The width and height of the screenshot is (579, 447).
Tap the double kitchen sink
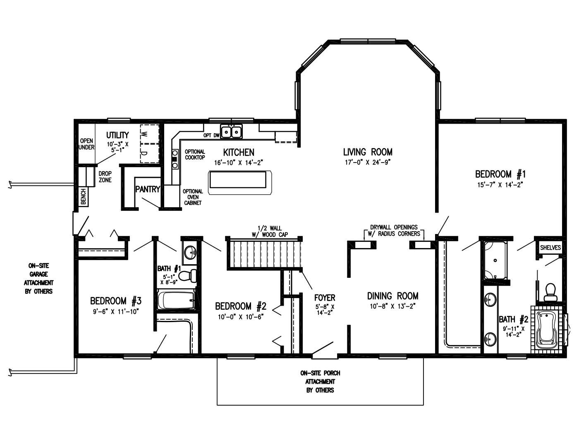(232, 132)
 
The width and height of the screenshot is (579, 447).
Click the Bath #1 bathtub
(176, 300)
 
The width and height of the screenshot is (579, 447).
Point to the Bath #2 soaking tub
(547, 330)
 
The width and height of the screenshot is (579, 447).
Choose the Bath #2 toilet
(550, 292)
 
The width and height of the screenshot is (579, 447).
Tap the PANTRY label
(147, 189)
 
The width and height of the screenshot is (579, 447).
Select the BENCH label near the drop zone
(83, 196)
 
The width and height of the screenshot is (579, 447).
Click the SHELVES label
(550, 248)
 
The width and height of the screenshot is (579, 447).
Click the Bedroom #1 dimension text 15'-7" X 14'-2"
(500, 185)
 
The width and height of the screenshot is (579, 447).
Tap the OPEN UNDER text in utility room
(86, 144)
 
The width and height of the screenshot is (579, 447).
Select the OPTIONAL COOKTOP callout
(195, 155)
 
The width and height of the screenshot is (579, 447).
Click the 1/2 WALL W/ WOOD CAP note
(270, 231)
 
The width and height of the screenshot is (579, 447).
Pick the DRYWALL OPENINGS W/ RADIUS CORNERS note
(394, 230)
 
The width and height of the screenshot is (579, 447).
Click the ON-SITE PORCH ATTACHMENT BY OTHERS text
(320, 381)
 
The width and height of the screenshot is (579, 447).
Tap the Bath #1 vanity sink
(191, 251)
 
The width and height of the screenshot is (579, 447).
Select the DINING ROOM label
(392, 296)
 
